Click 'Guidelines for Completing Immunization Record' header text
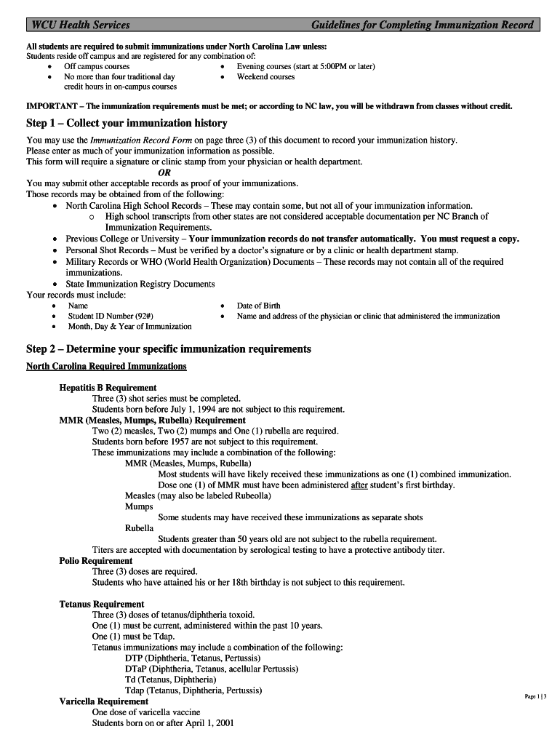point(422,25)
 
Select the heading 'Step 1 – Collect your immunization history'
point(127,123)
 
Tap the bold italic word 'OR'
point(164,172)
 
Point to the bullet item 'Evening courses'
point(305,66)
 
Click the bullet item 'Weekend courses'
point(265,76)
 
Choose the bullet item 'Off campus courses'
point(97,66)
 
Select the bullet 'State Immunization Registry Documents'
point(140,284)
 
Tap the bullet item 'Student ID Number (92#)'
point(111,316)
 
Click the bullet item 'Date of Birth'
point(258,306)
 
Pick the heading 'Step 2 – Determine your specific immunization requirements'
point(169,349)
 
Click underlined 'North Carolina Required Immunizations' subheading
point(106,366)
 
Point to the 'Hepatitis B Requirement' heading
point(108,388)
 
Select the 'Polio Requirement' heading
point(96,561)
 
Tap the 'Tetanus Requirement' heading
point(102,604)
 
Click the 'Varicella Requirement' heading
point(103,701)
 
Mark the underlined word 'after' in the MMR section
point(359,485)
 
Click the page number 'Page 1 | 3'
point(535,696)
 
